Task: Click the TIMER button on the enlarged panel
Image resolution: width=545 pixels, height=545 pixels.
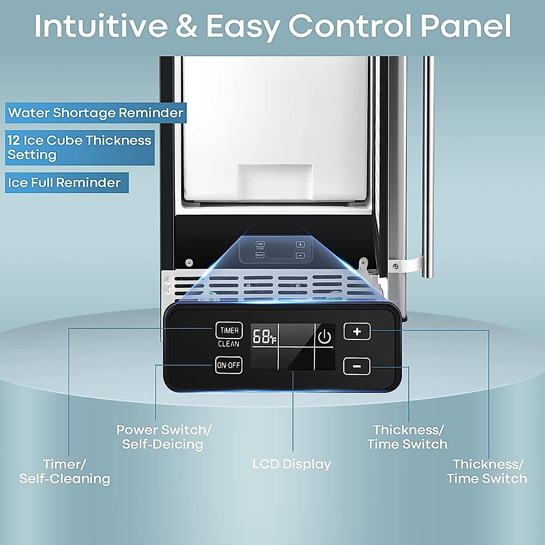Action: click(229, 330)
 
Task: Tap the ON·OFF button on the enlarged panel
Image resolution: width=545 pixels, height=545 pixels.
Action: click(228, 365)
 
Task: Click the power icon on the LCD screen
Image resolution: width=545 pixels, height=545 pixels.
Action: click(324, 337)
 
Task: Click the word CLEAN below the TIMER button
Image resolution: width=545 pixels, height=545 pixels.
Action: click(228, 344)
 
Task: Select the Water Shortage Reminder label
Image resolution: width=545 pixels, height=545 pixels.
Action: click(95, 113)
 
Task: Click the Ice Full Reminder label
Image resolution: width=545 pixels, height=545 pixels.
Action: click(67, 183)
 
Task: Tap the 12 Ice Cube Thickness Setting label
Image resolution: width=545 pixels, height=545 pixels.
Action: click(80, 148)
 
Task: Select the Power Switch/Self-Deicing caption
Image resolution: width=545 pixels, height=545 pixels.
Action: click(163, 437)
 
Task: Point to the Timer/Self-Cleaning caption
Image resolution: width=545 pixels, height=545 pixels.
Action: click(64, 471)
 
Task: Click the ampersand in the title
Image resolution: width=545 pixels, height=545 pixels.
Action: click(186, 26)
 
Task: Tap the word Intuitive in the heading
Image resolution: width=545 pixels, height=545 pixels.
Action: click(101, 26)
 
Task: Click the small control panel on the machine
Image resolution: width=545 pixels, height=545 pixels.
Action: click(276, 250)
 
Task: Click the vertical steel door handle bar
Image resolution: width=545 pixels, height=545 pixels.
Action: click(428, 167)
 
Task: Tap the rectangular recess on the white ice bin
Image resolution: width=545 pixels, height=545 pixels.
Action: click(275, 182)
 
